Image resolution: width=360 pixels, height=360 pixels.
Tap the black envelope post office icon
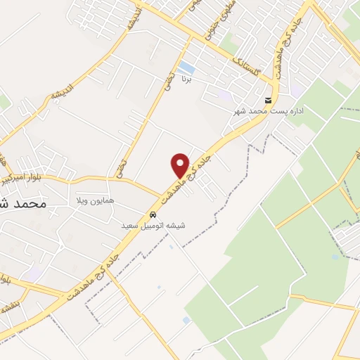click(268, 101)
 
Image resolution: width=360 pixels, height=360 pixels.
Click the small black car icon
click(153, 214)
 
